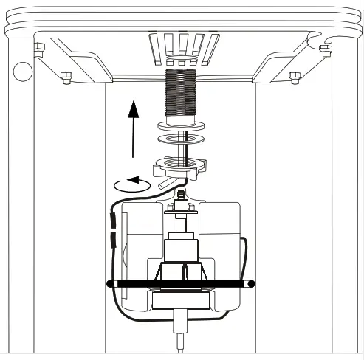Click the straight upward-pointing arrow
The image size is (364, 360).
tap(133, 125)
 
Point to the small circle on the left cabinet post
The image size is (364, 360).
tap(22, 72)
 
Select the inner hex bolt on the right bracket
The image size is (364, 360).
tap(295, 75)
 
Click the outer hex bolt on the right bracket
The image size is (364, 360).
tap(325, 50)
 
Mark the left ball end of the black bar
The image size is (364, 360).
tap(111, 283)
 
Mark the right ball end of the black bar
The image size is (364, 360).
tap(251, 283)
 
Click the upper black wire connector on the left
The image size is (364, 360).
tap(112, 220)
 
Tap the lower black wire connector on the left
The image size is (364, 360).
tap(112, 239)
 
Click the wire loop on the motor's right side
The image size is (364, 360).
tap(247, 258)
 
